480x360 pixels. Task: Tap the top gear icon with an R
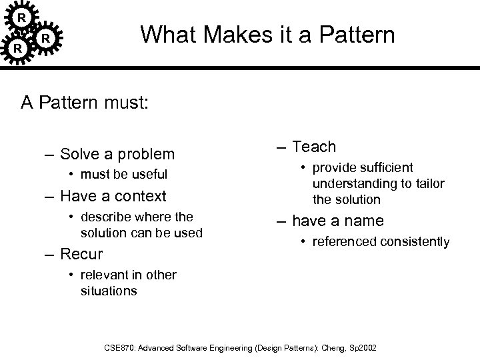click(22, 16)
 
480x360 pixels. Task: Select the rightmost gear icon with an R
click(45, 39)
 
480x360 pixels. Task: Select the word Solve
click(79, 154)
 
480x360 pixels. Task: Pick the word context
click(142, 196)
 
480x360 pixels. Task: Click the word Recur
click(81, 254)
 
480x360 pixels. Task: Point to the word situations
click(109, 291)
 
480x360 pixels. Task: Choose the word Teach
click(315, 147)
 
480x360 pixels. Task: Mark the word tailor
click(429, 183)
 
